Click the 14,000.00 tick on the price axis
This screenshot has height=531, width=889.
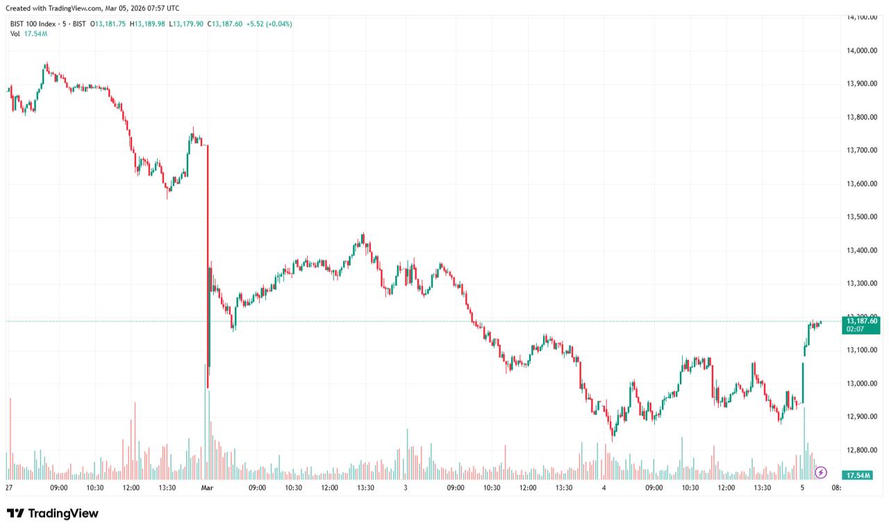pyautogui.click(x=864, y=51)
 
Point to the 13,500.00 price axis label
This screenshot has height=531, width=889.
pyautogui.click(x=864, y=217)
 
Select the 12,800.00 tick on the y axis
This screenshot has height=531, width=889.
pyautogui.click(x=864, y=450)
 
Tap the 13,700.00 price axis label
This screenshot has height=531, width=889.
pyautogui.click(x=864, y=151)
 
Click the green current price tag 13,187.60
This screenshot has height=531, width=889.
pyautogui.click(x=865, y=321)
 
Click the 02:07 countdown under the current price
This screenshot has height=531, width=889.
pyautogui.click(x=855, y=329)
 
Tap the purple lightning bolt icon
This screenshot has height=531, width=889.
pyautogui.click(x=821, y=473)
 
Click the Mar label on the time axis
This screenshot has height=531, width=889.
pyautogui.click(x=206, y=488)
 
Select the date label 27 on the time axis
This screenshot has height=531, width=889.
pyautogui.click(x=8, y=488)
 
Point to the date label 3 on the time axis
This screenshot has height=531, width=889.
pyautogui.click(x=405, y=488)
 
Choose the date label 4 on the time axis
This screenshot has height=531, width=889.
pyautogui.click(x=604, y=488)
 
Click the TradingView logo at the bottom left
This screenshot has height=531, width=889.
pyautogui.click(x=53, y=514)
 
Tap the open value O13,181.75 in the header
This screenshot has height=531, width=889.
pyautogui.click(x=108, y=24)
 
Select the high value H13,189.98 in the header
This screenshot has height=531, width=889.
pyautogui.click(x=147, y=24)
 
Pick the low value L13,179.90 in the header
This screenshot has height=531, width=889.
pyautogui.click(x=186, y=24)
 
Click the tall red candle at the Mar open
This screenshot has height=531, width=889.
pyautogui.click(x=208, y=264)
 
